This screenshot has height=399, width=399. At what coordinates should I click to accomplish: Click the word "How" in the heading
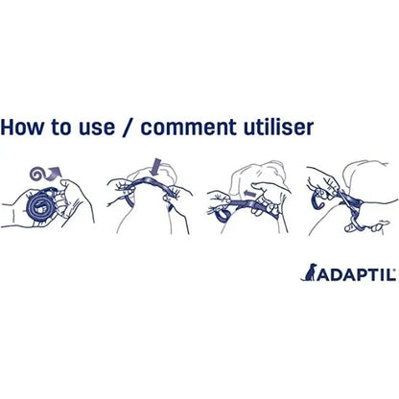point(22,127)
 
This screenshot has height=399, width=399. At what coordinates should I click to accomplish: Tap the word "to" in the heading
point(60,128)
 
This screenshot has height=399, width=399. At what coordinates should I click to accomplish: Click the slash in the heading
point(129,128)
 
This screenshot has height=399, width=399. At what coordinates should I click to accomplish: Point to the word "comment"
point(189,128)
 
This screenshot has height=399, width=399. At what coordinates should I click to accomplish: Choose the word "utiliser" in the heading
point(278,127)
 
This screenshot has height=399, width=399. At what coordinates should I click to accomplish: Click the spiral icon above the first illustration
point(37,174)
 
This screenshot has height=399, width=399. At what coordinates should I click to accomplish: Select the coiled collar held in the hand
point(41,204)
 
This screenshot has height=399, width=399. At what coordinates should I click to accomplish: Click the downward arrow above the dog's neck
point(156,167)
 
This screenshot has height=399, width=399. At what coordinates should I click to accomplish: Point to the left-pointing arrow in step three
point(250,194)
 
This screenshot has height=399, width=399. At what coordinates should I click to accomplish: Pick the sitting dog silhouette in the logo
point(309,272)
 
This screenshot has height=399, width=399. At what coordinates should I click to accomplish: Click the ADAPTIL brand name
point(357,274)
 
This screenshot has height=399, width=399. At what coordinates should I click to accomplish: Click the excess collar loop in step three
point(223,214)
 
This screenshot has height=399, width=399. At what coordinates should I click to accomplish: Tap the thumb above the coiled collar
point(67,186)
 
